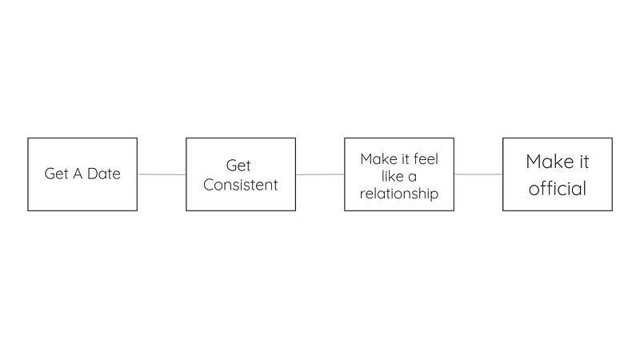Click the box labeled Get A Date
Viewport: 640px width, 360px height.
pos(82,174)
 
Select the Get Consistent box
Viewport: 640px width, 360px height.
pos(241,174)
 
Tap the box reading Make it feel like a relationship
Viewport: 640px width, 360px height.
pos(399,174)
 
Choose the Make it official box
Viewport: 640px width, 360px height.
pos(558,174)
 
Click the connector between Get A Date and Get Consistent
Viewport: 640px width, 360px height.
pos(162,174)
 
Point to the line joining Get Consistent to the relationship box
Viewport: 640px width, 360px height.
pos(320,174)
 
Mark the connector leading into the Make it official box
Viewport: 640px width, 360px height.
pos(478,174)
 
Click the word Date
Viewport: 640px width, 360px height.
pos(104,174)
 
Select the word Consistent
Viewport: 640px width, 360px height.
pos(241,185)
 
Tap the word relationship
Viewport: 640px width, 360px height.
pos(399,194)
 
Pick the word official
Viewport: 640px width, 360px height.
pos(558,189)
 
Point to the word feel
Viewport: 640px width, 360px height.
pos(426,158)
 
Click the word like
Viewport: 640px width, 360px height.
pos(392,176)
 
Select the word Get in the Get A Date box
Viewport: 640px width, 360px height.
pos(56,174)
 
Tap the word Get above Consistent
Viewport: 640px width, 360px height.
pos(238,166)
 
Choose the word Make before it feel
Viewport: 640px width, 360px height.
pos(378,158)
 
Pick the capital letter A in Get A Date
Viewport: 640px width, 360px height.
pos(78,174)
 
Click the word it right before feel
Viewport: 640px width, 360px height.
pos(406,158)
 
